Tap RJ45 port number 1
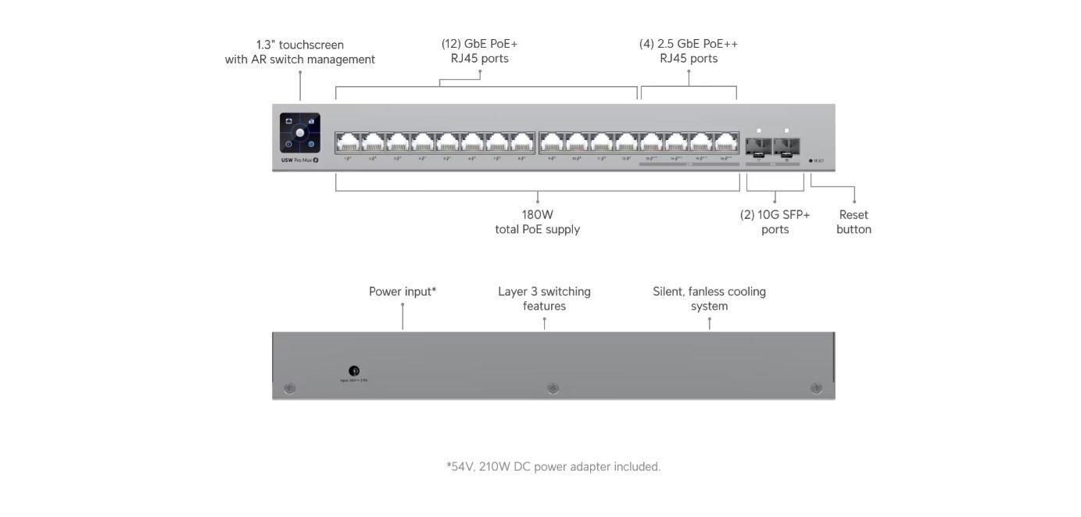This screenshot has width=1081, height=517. coord(348,142)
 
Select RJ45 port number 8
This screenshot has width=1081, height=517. coord(522,142)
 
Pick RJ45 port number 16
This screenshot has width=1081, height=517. coord(726,142)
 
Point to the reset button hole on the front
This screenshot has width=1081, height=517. coord(811,160)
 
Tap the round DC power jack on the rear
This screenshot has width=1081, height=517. coord(354,371)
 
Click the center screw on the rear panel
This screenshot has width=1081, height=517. coord(553,388)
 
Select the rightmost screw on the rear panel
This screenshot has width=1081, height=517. coord(816,388)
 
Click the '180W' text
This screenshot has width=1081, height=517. coord(537,214)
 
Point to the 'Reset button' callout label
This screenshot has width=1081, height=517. coord(854,222)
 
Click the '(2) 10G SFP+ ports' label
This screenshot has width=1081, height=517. coord(775,222)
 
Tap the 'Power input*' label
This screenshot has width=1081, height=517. coord(403,292)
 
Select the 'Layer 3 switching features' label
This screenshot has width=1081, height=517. coord(544,299)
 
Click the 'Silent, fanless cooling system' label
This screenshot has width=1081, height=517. coord(709,299)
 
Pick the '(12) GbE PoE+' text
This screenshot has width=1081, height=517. coord(479,44)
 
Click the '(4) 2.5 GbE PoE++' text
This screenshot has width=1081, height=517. coord(688,44)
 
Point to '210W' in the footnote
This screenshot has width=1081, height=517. coord(493,467)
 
